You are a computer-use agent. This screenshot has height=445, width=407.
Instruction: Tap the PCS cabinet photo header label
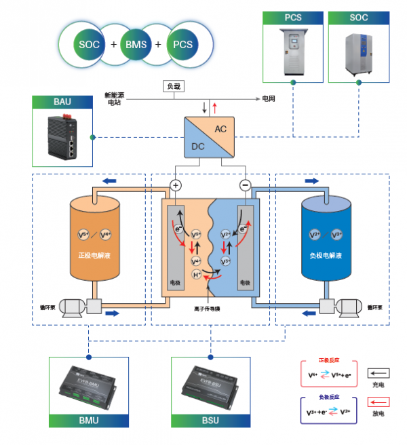click(292, 18)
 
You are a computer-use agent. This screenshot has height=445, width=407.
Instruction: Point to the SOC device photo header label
click(357, 18)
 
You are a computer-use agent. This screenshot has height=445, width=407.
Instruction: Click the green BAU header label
click(63, 102)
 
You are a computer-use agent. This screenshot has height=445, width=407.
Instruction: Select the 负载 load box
click(174, 87)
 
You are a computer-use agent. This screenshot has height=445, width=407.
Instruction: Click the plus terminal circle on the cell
click(176, 185)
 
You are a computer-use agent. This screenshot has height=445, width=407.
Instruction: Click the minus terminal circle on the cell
click(246, 185)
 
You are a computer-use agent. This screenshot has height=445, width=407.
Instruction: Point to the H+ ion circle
click(197, 275)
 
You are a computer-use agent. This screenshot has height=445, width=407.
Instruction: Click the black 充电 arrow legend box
click(379, 372)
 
